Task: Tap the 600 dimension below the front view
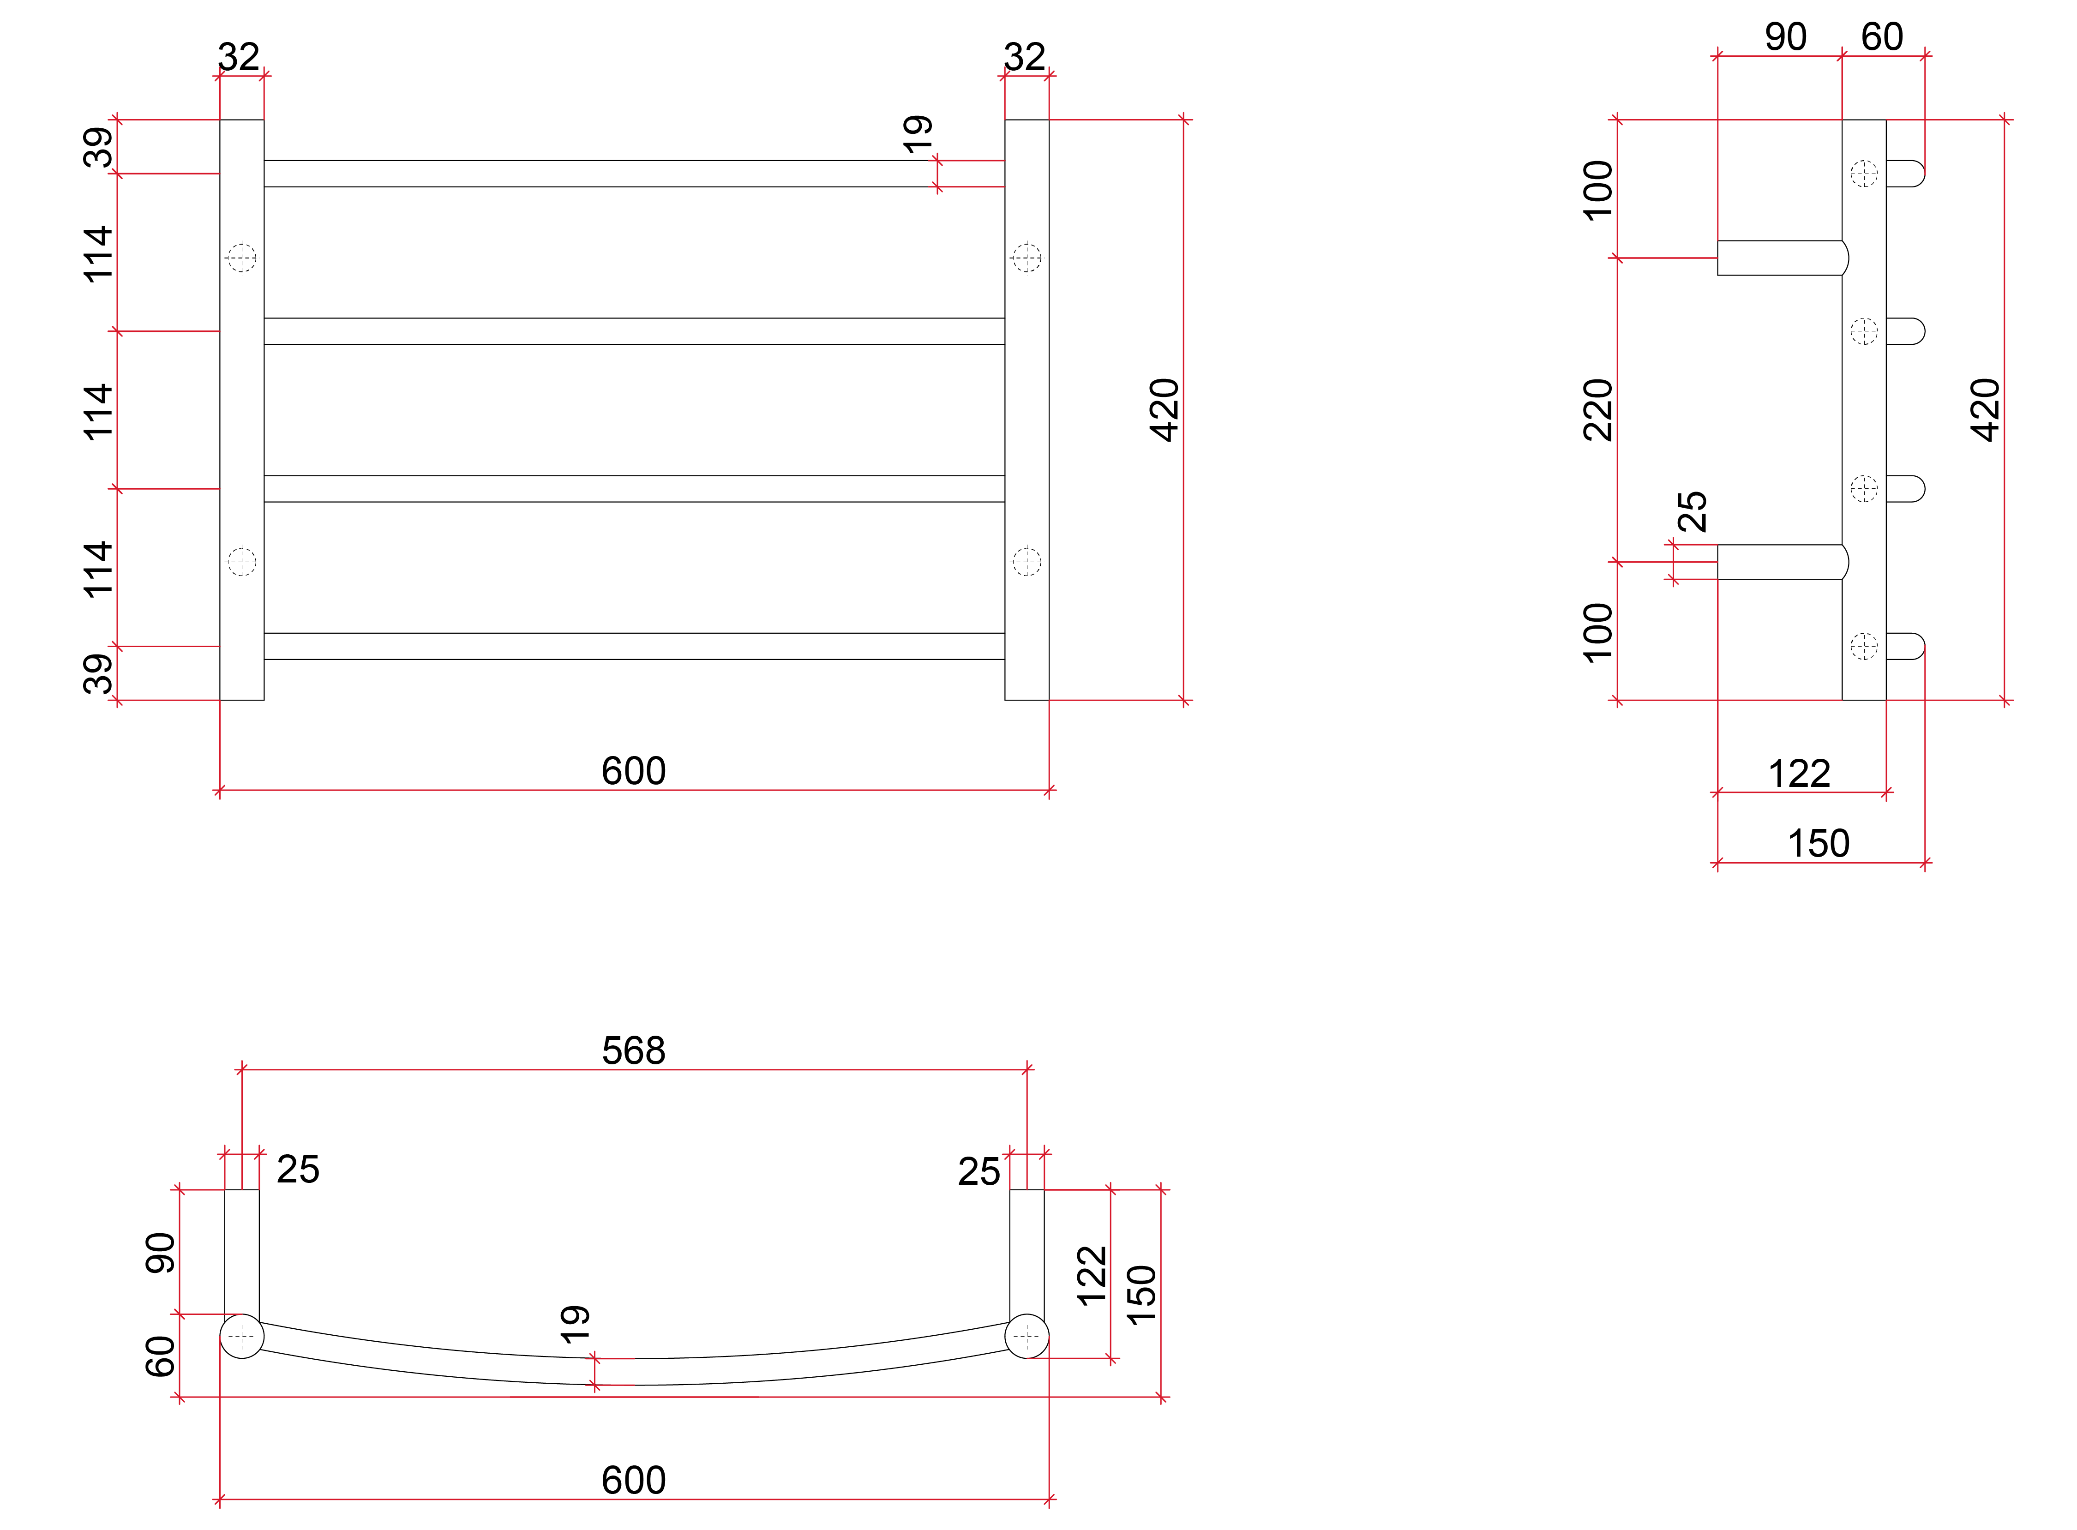pyautogui.click(x=633, y=771)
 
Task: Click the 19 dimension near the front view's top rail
pyautogui.click(x=917, y=135)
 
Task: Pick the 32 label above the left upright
pyautogui.click(x=239, y=57)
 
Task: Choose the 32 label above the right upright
pyautogui.click(x=1024, y=57)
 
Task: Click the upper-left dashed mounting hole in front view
pyautogui.click(x=242, y=258)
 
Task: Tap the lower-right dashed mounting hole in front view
pyautogui.click(x=1026, y=561)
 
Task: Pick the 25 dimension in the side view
pyautogui.click(x=1692, y=511)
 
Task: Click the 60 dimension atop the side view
pyautogui.click(x=1882, y=37)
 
